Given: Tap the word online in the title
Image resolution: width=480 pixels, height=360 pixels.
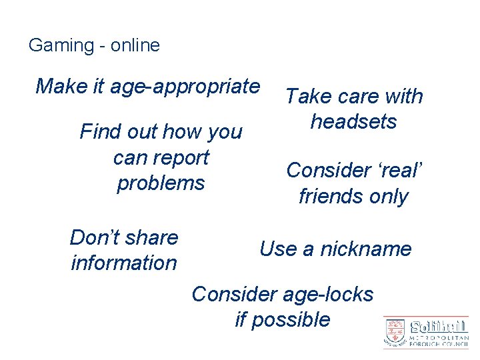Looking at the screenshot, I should pyautogui.click(x=135, y=45).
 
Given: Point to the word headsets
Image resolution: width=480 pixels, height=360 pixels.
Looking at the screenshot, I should pyautogui.click(x=353, y=122).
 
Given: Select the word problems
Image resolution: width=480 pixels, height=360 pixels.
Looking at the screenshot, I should pyautogui.click(x=161, y=183).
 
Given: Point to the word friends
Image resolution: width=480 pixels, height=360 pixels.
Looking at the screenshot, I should pyautogui.click(x=331, y=197).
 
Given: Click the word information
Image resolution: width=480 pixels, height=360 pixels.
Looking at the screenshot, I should pyautogui.click(x=124, y=263).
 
